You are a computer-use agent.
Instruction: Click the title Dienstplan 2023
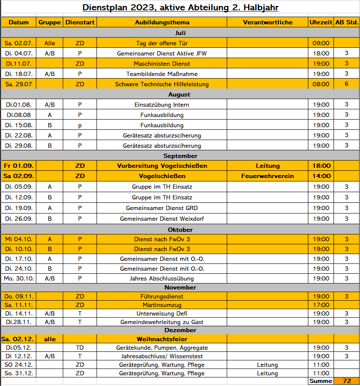pos(180,8)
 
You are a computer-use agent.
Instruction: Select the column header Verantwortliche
pos(267,22)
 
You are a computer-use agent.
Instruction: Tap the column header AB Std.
pos(346,22)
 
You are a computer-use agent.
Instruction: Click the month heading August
pos(180,94)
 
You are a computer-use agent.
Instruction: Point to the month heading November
pos(180,287)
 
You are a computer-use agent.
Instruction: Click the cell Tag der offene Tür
pos(162,43)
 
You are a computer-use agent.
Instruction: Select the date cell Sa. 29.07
pos(19,84)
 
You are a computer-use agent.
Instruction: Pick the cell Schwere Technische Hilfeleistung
pos(162,84)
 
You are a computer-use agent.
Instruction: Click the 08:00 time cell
pos(321,84)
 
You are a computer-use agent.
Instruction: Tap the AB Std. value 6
pos(346,84)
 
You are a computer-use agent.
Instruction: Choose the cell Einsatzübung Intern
pos(162,105)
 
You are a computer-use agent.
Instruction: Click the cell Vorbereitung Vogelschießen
pos(162,166)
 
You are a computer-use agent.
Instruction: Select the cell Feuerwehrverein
pos(267,176)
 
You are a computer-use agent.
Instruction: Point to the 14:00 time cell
pos(321,176)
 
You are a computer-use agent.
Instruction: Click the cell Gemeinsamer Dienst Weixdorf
pos(162,219)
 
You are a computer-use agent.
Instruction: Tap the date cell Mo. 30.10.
pos(19,278)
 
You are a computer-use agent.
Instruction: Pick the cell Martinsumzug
pos(162,305)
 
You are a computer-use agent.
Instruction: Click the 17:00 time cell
pos(321,305)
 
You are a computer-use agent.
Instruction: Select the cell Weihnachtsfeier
pos(162,339)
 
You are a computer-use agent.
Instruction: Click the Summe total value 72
pos(346,381)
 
